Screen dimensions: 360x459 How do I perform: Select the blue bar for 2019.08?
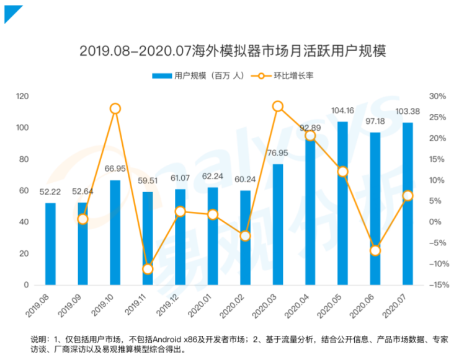(x=50, y=244)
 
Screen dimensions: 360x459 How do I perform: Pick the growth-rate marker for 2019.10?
(x=115, y=108)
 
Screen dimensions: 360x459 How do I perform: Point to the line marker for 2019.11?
(x=147, y=269)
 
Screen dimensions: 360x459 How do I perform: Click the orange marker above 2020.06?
(x=375, y=250)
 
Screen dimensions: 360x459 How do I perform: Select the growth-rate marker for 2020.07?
(x=408, y=196)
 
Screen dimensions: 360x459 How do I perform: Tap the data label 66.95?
(x=115, y=169)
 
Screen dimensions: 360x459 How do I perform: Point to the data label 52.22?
(x=50, y=192)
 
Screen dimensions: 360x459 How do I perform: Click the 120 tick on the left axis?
(x=23, y=96)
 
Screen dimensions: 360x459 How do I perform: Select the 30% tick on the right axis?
(x=437, y=96)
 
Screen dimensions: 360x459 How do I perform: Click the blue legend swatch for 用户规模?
(x=162, y=76)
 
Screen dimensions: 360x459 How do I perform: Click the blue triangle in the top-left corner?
(x=11, y=12)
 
